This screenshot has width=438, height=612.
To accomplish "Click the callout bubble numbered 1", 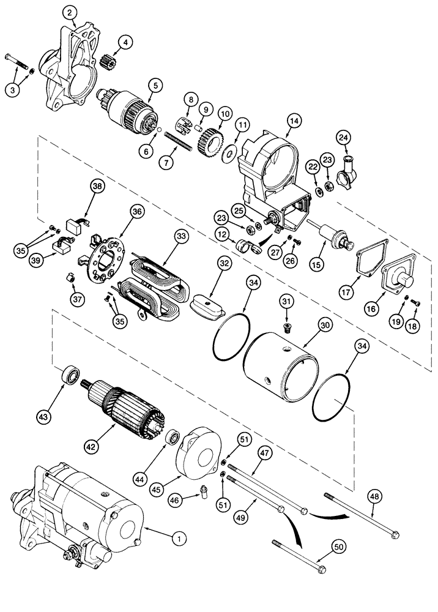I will pyautogui.click(x=179, y=539).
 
